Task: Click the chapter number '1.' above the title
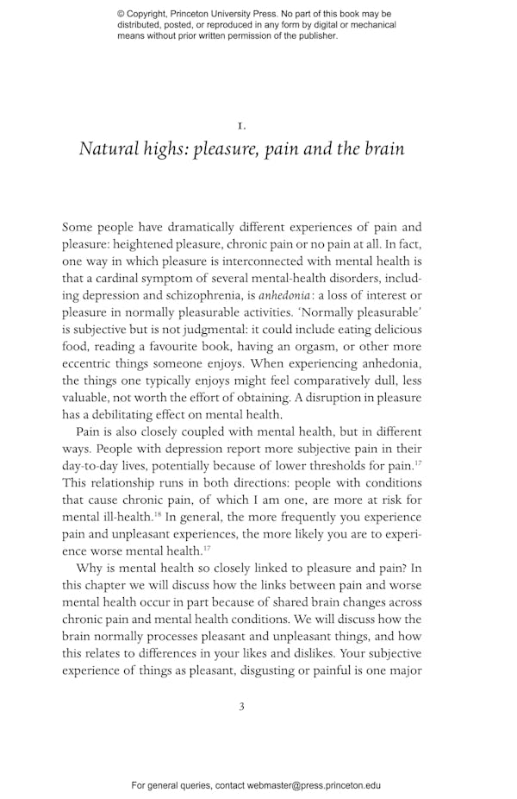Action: (241, 125)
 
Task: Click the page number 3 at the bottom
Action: (241, 707)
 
